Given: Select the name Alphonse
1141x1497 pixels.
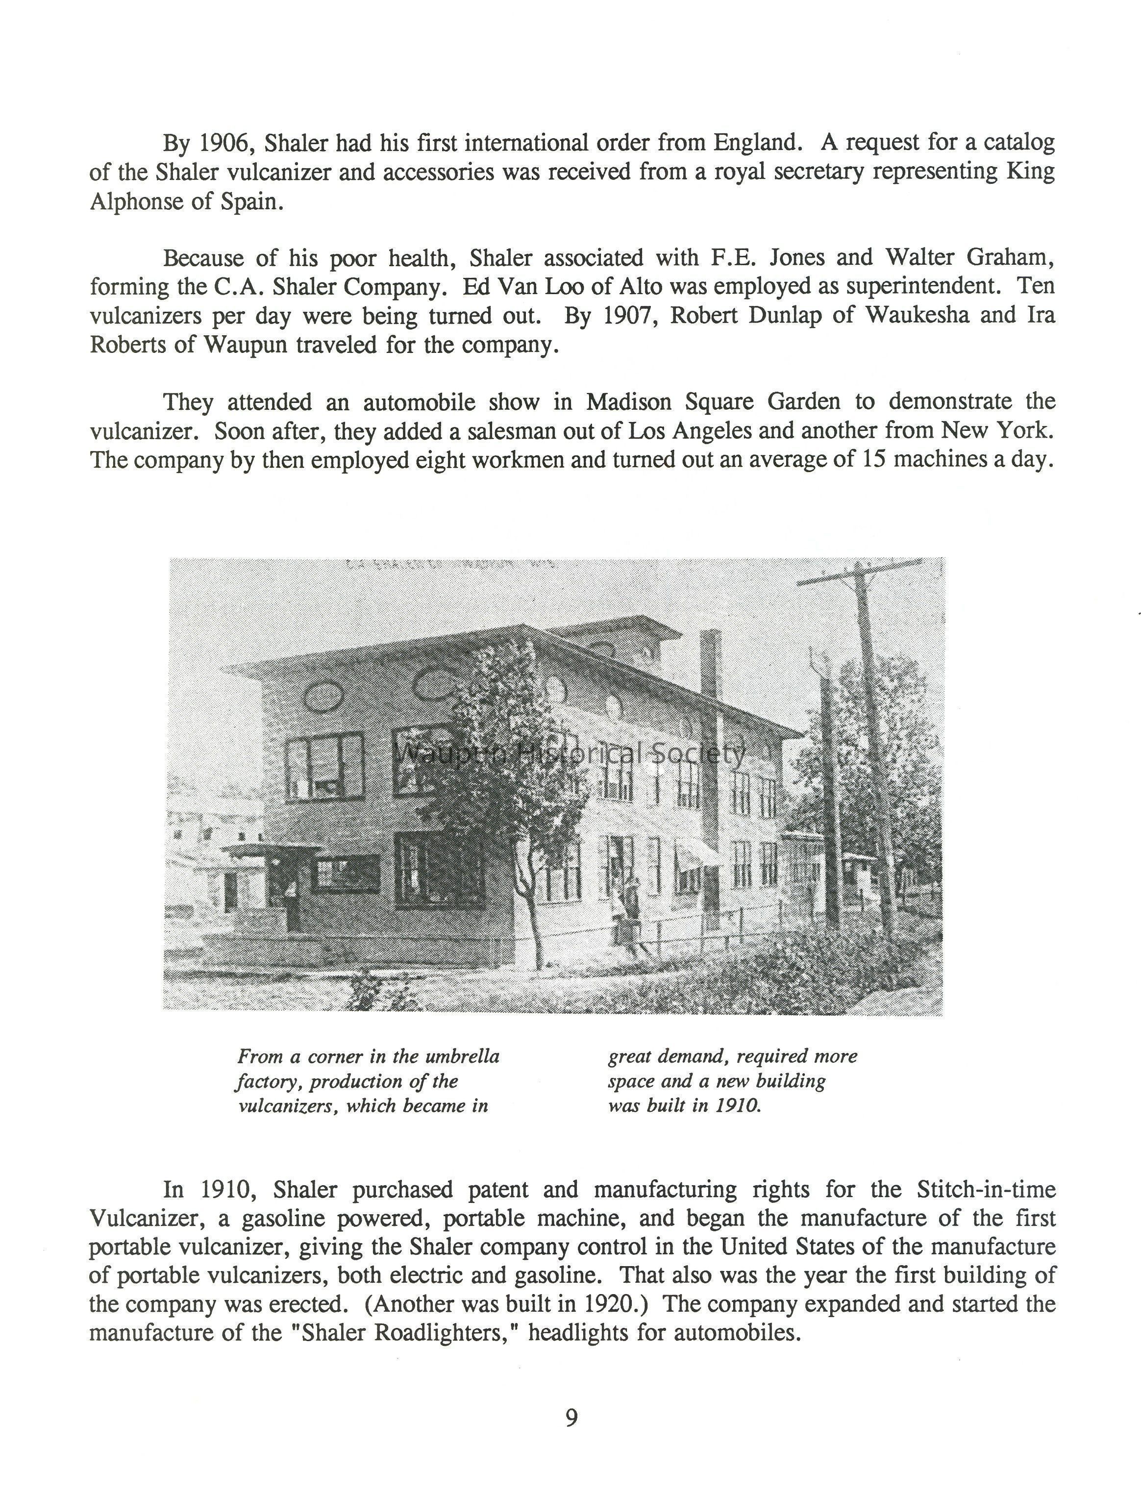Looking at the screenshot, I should click(134, 202).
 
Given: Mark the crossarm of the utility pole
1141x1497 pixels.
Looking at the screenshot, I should click(860, 574).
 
